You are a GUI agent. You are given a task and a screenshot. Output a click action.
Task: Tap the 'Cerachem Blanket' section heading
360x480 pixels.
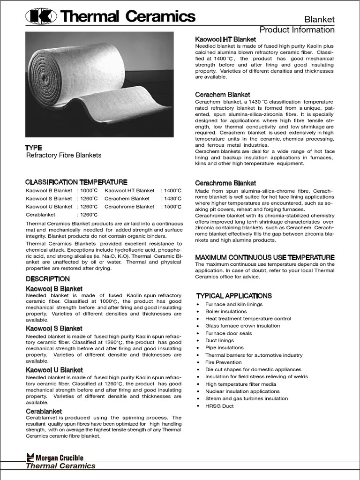[x=222, y=94]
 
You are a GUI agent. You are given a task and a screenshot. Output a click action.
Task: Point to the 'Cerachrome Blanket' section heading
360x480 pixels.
[x=225, y=183]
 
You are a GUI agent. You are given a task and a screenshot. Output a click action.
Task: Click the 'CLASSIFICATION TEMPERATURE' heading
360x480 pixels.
[x=76, y=182]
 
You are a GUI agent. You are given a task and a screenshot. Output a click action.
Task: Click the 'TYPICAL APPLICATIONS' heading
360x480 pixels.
[x=233, y=296]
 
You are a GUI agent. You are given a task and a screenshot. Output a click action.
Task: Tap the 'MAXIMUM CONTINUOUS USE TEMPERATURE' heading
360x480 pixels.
[x=264, y=257]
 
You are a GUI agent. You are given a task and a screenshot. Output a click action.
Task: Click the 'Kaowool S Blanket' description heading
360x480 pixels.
[x=54, y=329]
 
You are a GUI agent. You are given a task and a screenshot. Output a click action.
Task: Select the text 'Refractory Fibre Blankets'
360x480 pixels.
[x=63, y=155]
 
